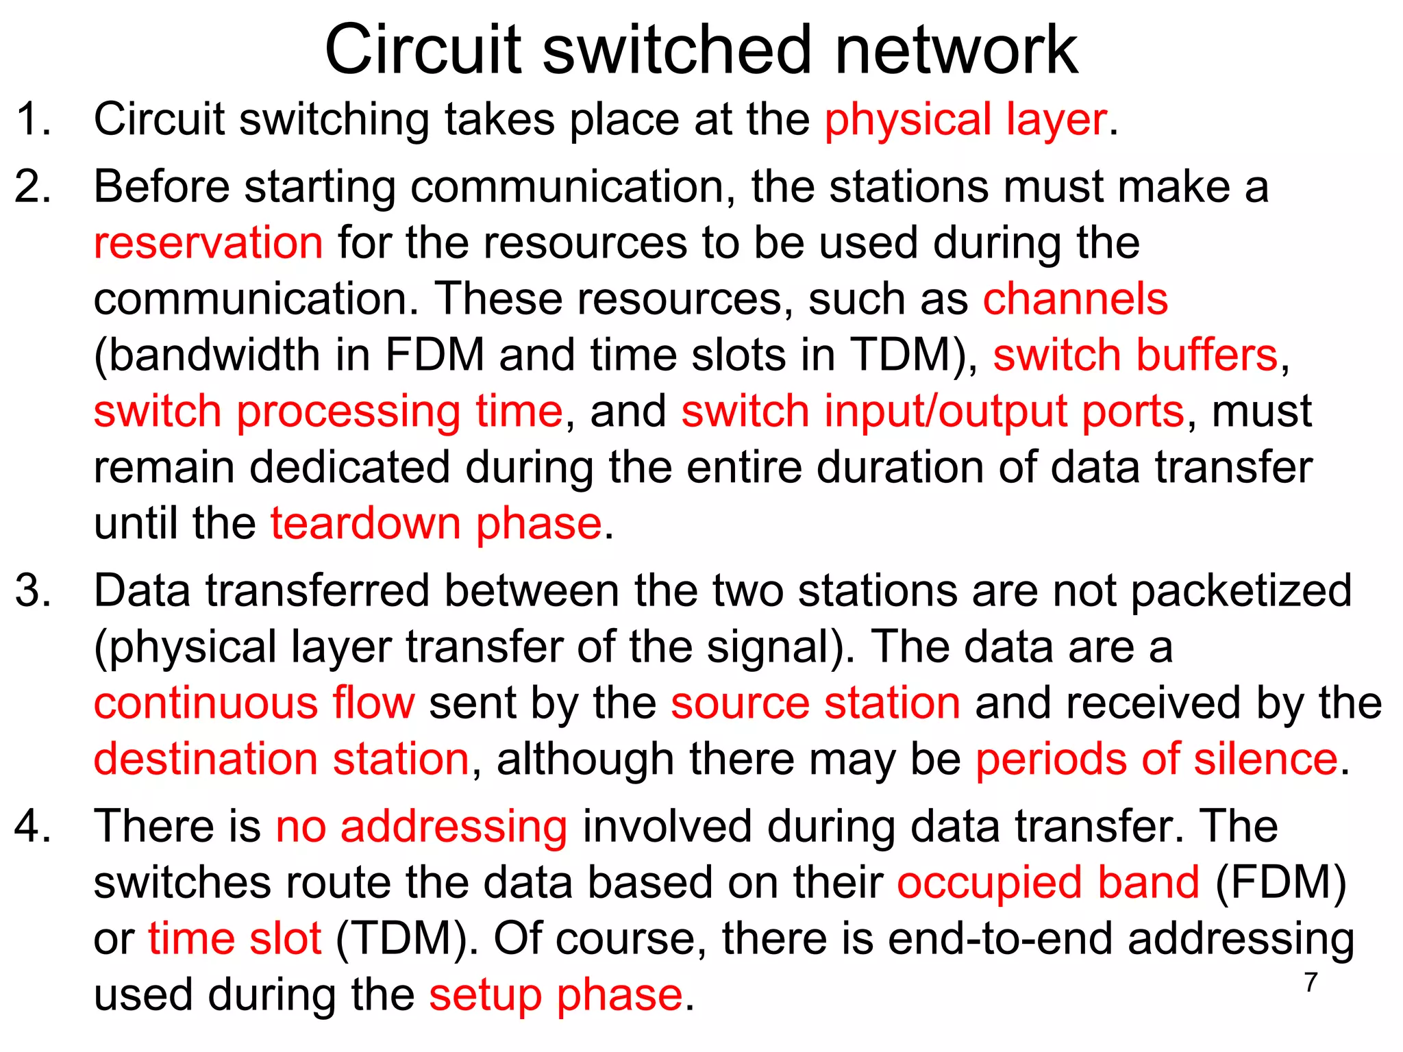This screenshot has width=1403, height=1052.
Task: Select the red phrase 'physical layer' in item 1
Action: [965, 120]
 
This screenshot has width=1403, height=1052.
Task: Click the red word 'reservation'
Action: [208, 243]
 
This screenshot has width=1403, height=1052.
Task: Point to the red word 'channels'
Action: [1076, 299]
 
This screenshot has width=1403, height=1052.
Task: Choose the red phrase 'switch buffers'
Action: [1135, 355]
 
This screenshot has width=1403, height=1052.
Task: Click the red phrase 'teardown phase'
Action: [436, 524]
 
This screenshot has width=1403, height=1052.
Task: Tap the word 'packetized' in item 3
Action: [1241, 591]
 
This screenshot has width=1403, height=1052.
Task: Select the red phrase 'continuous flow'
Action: [254, 703]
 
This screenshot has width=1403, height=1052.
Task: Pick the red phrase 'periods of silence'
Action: [1156, 760]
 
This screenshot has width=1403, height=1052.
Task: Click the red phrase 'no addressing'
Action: [421, 827]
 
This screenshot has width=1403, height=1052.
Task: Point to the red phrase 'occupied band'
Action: [1048, 883]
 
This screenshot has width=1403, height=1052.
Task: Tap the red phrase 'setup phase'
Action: [556, 995]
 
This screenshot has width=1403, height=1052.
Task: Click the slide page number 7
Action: [1311, 982]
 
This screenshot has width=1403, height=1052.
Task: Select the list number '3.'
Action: [33, 591]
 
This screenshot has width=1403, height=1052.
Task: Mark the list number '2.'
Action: [33, 187]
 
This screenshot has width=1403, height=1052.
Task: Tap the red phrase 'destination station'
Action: [282, 760]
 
